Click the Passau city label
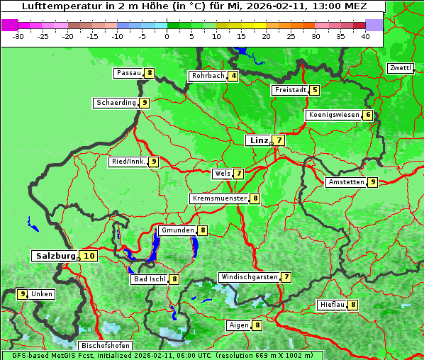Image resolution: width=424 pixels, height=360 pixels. point(129,73)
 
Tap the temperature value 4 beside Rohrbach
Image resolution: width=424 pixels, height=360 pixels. point(233,76)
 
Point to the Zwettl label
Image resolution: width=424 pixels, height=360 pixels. point(401,68)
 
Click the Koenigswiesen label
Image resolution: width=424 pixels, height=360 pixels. point(333,115)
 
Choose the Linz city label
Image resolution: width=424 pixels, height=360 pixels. point(258,140)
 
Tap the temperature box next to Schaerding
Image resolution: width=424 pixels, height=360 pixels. point(144,103)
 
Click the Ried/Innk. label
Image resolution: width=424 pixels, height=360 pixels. point(128,162)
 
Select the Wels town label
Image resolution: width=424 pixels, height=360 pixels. point(222,174)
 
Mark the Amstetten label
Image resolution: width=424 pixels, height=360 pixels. point(346,182)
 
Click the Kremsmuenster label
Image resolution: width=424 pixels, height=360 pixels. point(219,198)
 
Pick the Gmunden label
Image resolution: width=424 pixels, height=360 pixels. point(177,230)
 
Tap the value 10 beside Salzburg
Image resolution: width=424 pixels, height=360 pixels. point(88,256)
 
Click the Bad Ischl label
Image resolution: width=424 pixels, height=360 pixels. point(150,279)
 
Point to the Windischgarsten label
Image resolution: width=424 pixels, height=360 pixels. point(248,277)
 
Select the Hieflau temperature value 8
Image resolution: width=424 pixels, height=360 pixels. point(353,305)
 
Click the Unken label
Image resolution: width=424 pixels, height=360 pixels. point(42,294)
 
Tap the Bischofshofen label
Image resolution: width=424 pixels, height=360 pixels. point(105,346)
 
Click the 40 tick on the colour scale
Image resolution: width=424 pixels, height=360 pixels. point(365,35)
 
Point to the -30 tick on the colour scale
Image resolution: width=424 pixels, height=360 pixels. point(18,35)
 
